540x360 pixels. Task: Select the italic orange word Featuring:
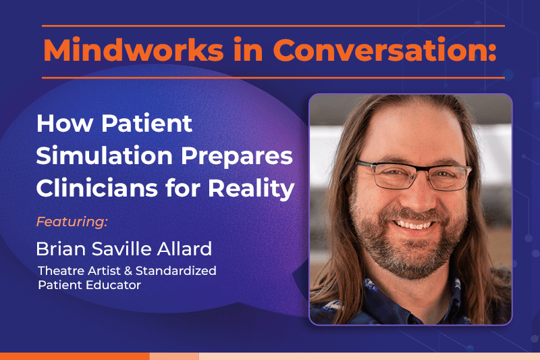pos(72,222)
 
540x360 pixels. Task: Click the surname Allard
pos(185,249)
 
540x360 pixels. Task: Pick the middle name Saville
pos(122,249)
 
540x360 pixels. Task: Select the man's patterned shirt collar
pos(364,297)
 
